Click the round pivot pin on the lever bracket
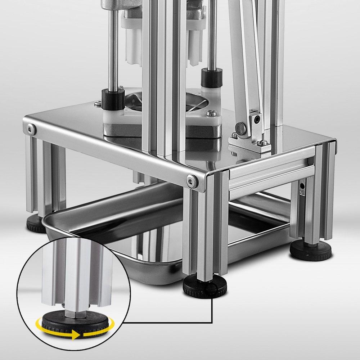(239, 127)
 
